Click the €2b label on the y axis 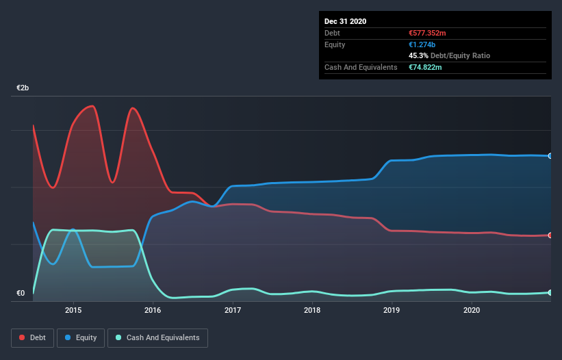23,88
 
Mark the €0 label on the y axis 21,294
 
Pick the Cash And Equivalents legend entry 157,337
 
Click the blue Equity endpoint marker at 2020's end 550,156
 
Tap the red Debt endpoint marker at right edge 550,235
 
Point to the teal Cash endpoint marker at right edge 550,292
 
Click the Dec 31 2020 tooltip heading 346,21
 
